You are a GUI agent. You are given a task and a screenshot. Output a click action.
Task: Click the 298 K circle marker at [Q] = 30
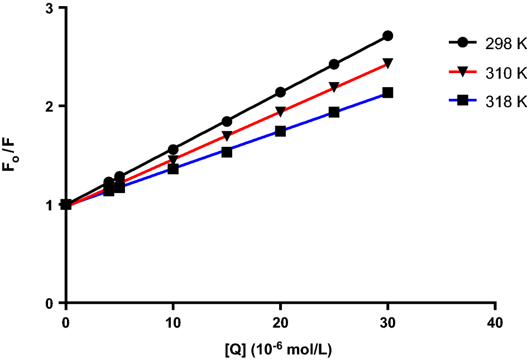(x=387, y=36)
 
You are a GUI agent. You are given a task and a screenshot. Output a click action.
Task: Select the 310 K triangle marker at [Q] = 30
(x=387, y=63)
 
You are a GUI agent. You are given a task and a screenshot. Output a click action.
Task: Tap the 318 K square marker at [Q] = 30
(x=387, y=93)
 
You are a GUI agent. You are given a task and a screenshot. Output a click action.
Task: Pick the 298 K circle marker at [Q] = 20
(x=280, y=92)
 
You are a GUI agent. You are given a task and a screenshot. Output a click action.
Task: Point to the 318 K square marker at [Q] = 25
(x=334, y=112)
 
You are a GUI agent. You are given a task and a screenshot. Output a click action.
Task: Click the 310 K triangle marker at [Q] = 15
(x=227, y=136)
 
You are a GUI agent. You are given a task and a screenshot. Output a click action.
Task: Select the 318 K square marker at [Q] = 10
(x=173, y=169)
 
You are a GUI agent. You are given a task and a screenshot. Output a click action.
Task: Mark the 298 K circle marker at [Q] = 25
(x=334, y=64)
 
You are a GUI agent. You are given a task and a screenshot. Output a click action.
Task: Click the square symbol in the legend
(x=462, y=101)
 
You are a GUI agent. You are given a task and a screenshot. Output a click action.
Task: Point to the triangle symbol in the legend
(x=462, y=72)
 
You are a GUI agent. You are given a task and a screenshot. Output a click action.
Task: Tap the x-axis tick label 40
(x=495, y=323)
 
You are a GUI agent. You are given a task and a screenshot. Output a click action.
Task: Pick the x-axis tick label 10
(x=173, y=323)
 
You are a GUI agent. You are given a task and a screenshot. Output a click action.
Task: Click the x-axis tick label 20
(x=280, y=323)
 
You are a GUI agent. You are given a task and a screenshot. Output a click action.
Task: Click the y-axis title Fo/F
(x=12, y=155)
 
